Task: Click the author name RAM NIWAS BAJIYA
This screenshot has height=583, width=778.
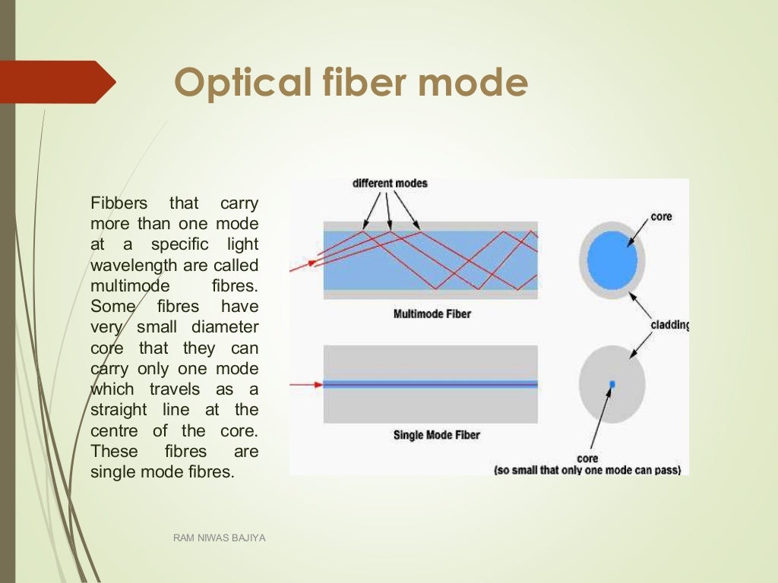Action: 219,538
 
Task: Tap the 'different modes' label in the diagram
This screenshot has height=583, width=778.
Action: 390,184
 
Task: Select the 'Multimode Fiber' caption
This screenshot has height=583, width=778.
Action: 432,313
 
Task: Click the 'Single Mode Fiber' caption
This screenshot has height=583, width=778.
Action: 436,435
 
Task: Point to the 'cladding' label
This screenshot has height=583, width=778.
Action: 669,326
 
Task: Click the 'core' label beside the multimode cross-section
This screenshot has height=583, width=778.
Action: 661,216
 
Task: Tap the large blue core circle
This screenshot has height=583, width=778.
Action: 612,260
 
